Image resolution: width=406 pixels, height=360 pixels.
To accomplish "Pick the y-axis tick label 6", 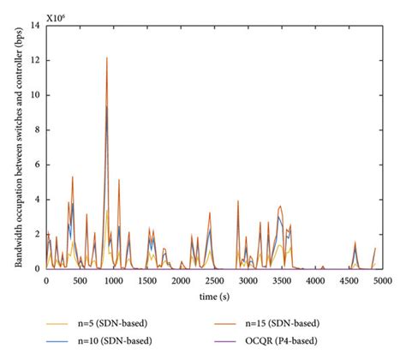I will pyautogui.click(x=36, y=165).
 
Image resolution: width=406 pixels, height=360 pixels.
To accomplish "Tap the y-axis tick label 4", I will pyautogui.click(x=36, y=200).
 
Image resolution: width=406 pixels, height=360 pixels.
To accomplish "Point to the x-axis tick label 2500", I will pyautogui.click(x=214, y=280).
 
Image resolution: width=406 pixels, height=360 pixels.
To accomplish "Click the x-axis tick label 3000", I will pyautogui.click(x=248, y=280).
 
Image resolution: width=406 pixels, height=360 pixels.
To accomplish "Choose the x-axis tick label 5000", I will pyautogui.click(x=382, y=280).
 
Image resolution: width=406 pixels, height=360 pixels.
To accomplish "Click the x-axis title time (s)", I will pyautogui.click(x=214, y=294).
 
